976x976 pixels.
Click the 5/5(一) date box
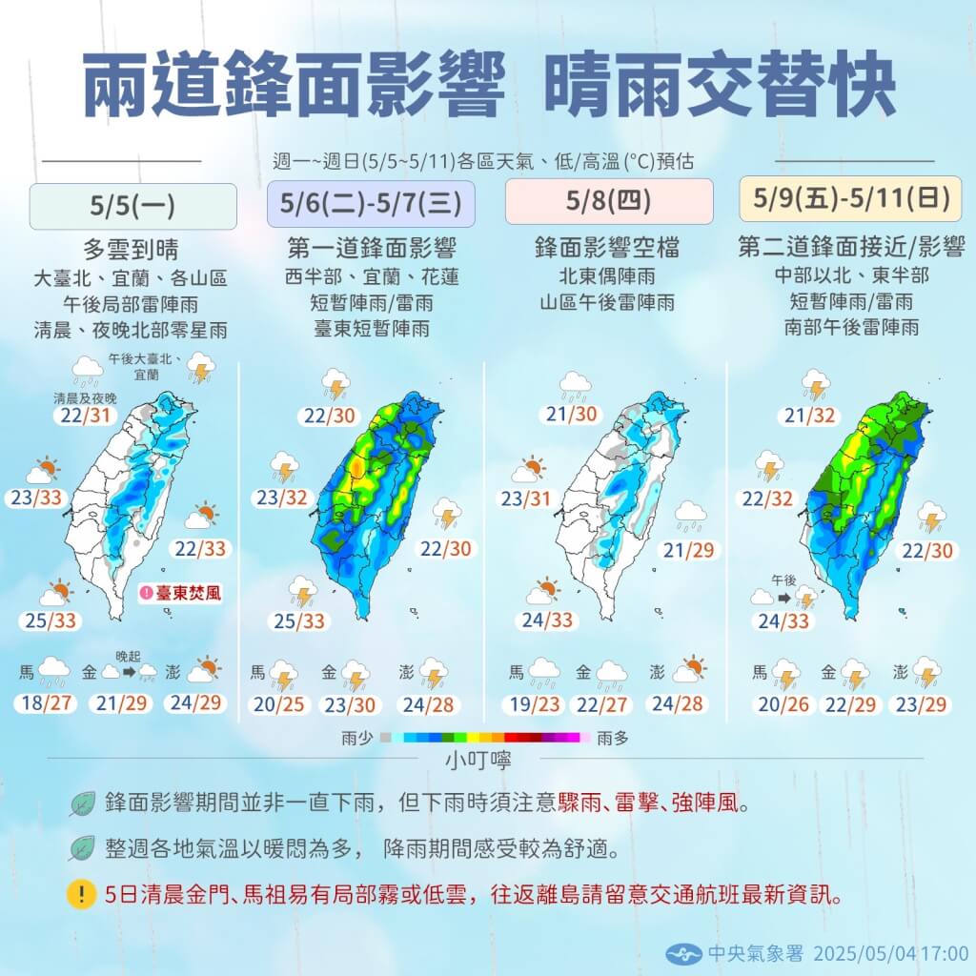point(132,206)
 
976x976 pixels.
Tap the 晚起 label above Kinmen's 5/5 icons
point(128,655)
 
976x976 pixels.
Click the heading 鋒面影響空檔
point(607,250)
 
